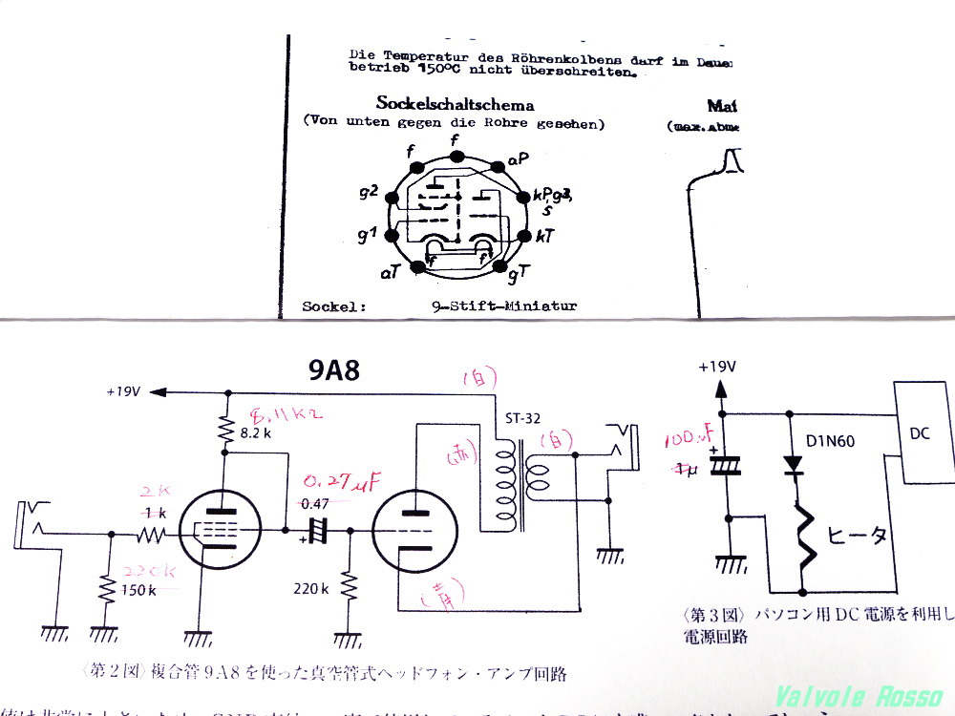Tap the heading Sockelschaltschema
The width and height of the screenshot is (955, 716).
455,105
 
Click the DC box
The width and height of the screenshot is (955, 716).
920,433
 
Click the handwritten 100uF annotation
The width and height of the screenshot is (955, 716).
690,439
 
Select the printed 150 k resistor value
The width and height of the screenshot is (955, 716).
138,589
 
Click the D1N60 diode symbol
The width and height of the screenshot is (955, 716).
792,465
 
